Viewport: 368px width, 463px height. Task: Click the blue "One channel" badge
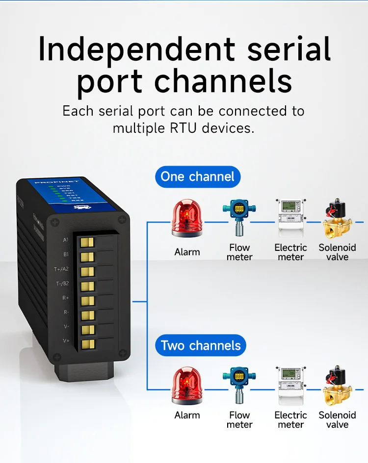pos(198,176)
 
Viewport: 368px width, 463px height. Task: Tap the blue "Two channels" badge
pos(201,345)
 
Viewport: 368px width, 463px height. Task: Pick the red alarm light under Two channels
pos(186,386)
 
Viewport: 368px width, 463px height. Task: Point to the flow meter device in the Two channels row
pos(239,387)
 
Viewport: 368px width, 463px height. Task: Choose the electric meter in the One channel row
pos(290,219)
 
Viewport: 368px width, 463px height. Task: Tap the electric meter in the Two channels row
pos(290,386)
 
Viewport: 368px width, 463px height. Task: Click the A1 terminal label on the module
pos(66,240)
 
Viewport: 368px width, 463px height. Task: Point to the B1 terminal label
pos(66,255)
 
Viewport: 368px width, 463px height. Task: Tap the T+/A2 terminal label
pos(61,269)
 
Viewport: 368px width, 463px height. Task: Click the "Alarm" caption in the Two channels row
pos(187,415)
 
